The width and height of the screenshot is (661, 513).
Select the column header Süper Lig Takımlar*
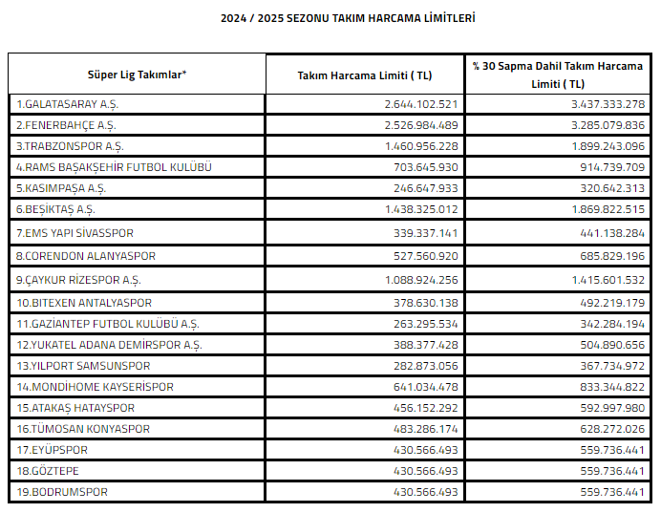[137, 75]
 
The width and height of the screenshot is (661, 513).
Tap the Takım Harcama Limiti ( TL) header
[364, 75]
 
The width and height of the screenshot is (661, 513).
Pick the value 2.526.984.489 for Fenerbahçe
[420, 125]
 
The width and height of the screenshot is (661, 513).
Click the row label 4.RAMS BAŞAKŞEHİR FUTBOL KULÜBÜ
[113, 167]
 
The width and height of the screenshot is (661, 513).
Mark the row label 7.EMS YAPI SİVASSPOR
[75, 233]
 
